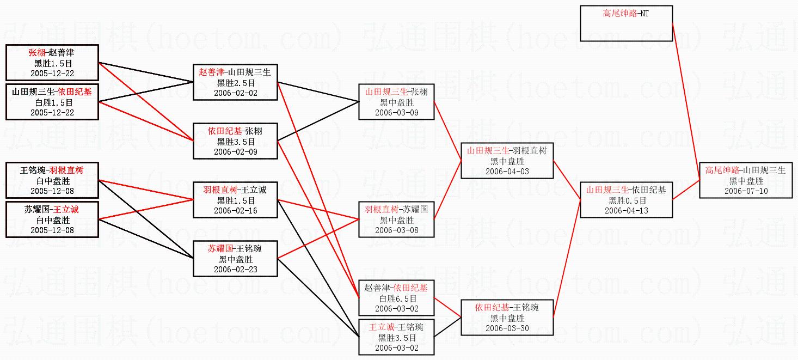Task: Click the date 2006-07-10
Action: pyautogui.click(x=746, y=191)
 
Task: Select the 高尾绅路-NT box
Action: pyautogui.click(x=626, y=23)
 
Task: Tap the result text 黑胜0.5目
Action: pyautogui.click(x=626, y=200)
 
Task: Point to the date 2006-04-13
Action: pyautogui.click(x=626, y=211)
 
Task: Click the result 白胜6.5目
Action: pyautogui.click(x=397, y=298)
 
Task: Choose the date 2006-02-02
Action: pyautogui.click(x=236, y=93)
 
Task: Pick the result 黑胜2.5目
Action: pyautogui.click(x=236, y=83)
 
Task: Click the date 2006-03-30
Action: pyautogui.click(x=507, y=328)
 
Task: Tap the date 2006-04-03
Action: pyautogui.click(x=507, y=172)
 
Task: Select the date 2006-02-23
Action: pyautogui.click(x=236, y=270)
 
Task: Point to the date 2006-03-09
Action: pyautogui.click(x=397, y=113)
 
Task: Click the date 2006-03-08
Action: pyautogui.click(x=397, y=230)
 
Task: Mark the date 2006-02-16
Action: pyautogui.click(x=236, y=211)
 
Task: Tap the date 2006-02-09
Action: pyautogui.click(x=236, y=152)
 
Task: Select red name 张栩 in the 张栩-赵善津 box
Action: pyautogui.click(x=38, y=53)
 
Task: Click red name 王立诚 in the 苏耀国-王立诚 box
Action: pyautogui.click(x=66, y=210)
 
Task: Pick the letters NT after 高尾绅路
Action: pyautogui.click(x=644, y=14)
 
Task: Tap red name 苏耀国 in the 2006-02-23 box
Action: pyautogui.click(x=220, y=249)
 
